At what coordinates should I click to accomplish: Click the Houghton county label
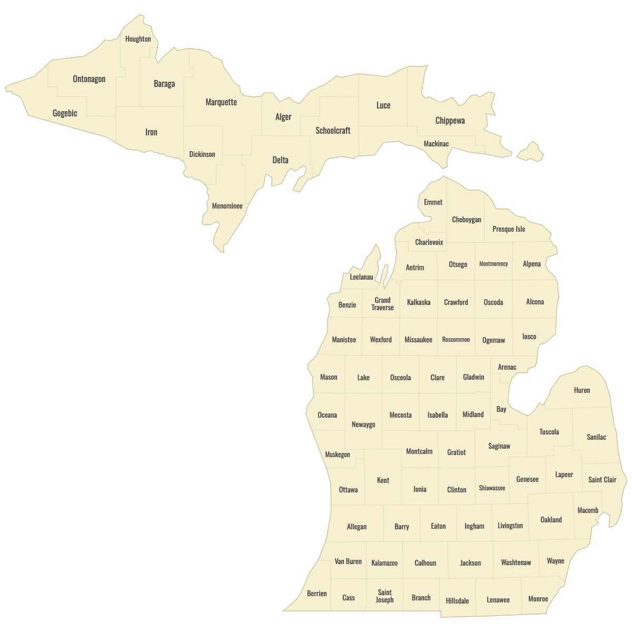[x=138, y=39]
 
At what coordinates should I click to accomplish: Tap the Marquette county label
[x=221, y=102]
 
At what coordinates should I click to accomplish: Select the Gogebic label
[x=65, y=113]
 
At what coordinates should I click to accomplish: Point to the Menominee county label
[x=228, y=206]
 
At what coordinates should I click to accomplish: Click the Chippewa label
[x=450, y=121]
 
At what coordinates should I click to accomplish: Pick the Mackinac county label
[x=437, y=144]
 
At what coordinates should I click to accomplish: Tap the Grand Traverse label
[x=382, y=304]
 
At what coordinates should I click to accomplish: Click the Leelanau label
[x=361, y=277]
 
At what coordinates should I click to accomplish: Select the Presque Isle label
[x=509, y=229]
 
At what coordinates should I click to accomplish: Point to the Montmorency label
[x=493, y=264]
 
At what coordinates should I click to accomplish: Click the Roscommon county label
[x=456, y=340]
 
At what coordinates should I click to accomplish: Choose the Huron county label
[x=582, y=390]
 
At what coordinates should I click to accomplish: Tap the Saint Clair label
[x=602, y=480]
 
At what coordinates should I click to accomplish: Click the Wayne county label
[x=556, y=561]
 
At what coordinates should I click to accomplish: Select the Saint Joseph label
[x=385, y=596]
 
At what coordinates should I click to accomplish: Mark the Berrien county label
[x=317, y=594]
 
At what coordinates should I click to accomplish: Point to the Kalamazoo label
[x=384, y=563]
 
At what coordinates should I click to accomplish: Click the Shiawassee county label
[x=492, y=488]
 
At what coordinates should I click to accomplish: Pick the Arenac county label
[x=507, y=367]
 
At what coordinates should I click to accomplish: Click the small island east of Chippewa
[x=531, y=152]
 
